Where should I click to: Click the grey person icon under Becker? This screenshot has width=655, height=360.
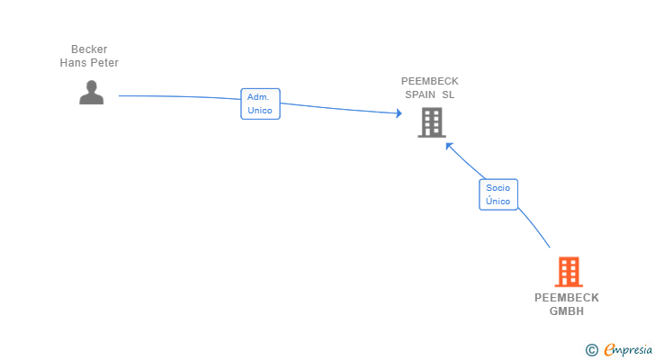[92, 93]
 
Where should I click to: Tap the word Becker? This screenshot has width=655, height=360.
[89, 49]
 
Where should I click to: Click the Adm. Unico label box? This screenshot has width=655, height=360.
[260, 104]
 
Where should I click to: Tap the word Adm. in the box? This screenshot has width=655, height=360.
[258, 97]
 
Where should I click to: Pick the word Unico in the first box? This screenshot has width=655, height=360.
[260, 111]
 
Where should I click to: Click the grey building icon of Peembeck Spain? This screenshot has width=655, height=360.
[432, 122]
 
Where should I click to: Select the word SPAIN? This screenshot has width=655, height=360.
[420, 94]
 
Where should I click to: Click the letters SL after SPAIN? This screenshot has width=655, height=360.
[448, 94]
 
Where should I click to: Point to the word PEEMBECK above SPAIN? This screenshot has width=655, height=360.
[430, 81]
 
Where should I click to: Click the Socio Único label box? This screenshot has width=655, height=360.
[498, 194]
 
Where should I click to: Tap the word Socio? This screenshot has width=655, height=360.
[498, 188]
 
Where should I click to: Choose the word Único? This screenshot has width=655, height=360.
[498, 201]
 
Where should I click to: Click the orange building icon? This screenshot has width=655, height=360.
[569, 272]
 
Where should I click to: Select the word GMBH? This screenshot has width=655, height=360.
[567, 311]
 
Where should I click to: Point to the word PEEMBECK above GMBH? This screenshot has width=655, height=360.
[567, 298]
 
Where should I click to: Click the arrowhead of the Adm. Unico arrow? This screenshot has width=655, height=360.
[399, 112]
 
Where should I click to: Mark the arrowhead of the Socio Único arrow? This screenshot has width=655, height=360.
[449, 146]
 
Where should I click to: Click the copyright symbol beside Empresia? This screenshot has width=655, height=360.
[591, 350]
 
